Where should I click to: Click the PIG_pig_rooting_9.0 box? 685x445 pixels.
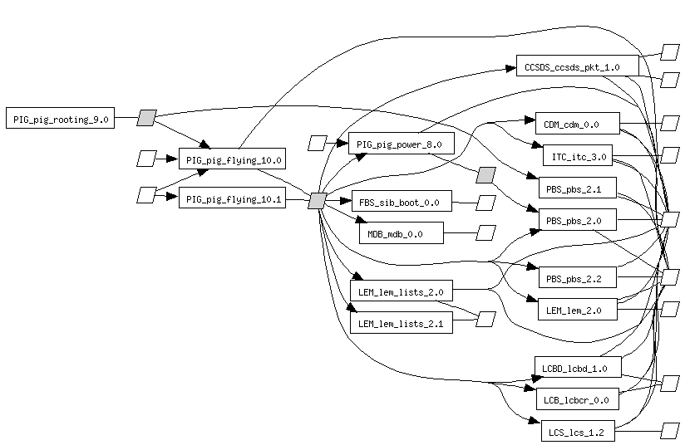pos(60,119)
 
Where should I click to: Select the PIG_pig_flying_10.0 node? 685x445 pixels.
pos(233,159)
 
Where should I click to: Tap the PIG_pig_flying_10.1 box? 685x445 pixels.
pos(233,199)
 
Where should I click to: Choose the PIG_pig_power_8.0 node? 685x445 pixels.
pos(401,144)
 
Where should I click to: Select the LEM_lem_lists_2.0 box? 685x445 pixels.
pos(401,292)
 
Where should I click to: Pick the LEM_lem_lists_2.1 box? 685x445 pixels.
pos(401,324)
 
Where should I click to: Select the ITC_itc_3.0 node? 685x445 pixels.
pos(578,156)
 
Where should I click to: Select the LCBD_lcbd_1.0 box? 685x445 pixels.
pos(576,368)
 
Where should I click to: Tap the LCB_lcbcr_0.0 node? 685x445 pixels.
pos(576,399)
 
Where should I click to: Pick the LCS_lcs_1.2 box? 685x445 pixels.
pos(576,432)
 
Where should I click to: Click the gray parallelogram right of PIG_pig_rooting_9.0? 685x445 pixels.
pos(146,118)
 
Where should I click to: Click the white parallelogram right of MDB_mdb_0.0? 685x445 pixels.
pos(485,233)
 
